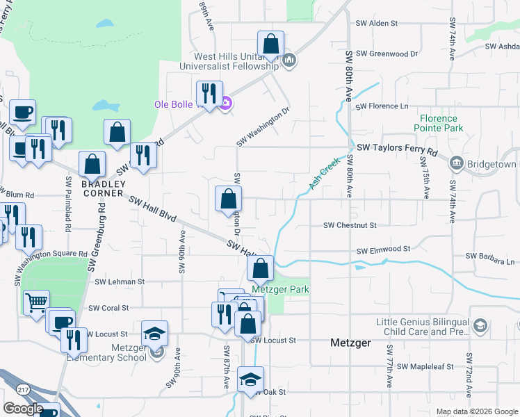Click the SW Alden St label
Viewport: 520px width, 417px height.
pos(373,23)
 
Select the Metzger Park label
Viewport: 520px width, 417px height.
pos(280,289)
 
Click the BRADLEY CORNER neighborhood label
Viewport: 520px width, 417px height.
pos(103,188)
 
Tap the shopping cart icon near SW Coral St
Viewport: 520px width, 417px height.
pos(36,302)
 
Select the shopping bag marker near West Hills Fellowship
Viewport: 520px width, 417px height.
pos(270,44)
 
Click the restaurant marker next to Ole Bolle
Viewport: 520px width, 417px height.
pos(209,93)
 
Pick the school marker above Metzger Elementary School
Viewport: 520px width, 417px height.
pos(154,333)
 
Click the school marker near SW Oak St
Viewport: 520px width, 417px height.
pos(250,379)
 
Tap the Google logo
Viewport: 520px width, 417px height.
pos(24,409)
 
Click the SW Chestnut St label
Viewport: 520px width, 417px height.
pos(350,225)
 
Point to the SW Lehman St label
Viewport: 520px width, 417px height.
pos(120,281)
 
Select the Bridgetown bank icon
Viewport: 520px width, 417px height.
pos(457,163)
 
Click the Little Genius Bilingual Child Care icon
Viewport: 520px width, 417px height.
pos(480,326)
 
